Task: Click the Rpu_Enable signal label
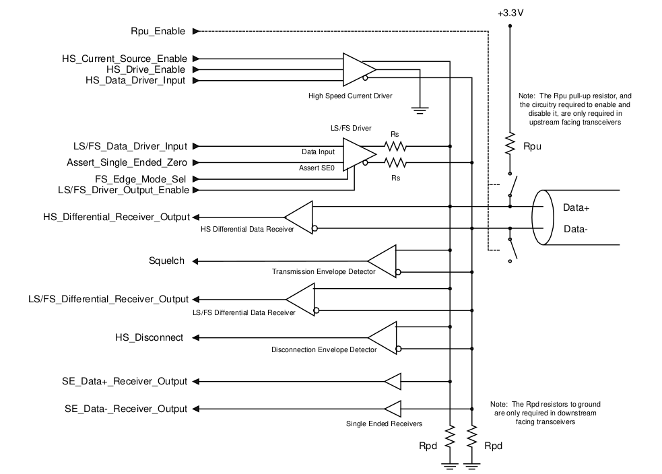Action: click(158, 31)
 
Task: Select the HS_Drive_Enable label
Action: click(146, 69)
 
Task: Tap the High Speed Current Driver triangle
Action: click(358, 69)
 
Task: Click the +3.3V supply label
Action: click(509, 13)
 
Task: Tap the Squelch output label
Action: click(167, 261)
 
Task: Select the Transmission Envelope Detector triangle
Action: click(383, 261)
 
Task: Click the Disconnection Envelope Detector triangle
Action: click(383, 337)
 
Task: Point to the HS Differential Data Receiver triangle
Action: click(300, 217)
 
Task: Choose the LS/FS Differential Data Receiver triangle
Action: click(300, 299)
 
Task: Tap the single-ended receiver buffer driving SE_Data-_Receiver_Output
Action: click(393, 409)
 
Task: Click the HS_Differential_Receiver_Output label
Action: click(116, 217)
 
